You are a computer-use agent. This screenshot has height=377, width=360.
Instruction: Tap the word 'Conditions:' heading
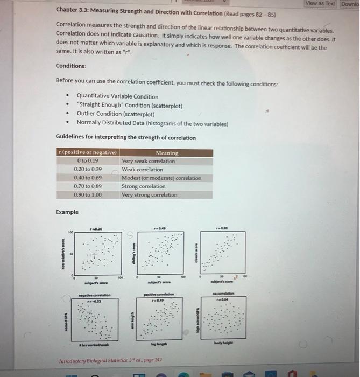71,66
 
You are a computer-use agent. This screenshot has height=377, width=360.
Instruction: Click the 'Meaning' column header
167,153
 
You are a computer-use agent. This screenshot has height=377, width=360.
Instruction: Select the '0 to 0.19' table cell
88,161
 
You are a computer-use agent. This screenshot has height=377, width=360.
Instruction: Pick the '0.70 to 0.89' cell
88,186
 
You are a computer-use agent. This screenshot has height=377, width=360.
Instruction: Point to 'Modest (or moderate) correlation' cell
161,178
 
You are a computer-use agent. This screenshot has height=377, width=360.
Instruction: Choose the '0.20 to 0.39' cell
88,169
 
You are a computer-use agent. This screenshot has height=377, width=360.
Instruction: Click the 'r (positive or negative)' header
87,153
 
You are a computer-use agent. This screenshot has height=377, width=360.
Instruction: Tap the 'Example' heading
67,212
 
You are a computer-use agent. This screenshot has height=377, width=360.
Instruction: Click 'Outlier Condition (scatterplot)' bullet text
115,114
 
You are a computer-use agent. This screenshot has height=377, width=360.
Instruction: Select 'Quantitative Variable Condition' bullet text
117,96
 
